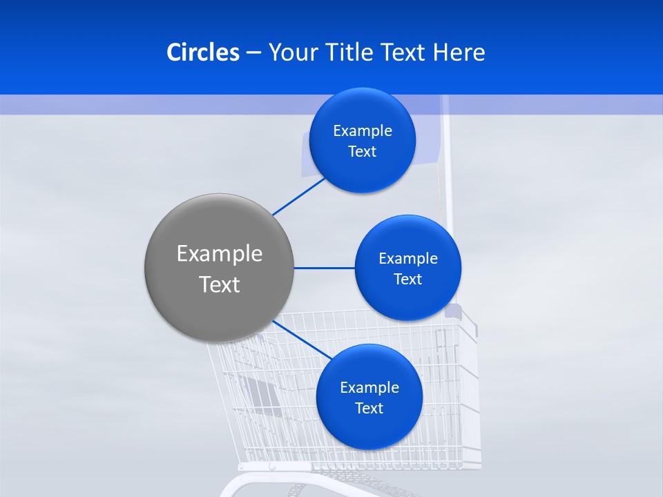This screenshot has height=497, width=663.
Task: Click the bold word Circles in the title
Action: pos(203,52)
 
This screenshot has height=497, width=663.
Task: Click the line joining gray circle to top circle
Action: pos(300,196)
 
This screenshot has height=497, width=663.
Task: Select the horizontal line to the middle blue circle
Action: pos(324,268)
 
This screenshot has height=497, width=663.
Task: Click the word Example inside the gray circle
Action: pos(220,254)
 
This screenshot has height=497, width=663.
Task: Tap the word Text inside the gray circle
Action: pos(220,284)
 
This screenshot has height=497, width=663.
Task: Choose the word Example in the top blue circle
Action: pos(363,131)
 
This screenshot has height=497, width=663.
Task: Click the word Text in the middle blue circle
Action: pos(407,280)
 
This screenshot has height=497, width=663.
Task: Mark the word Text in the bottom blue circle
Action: pos(369,409)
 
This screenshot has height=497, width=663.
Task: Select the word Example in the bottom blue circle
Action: pos(369,388)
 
